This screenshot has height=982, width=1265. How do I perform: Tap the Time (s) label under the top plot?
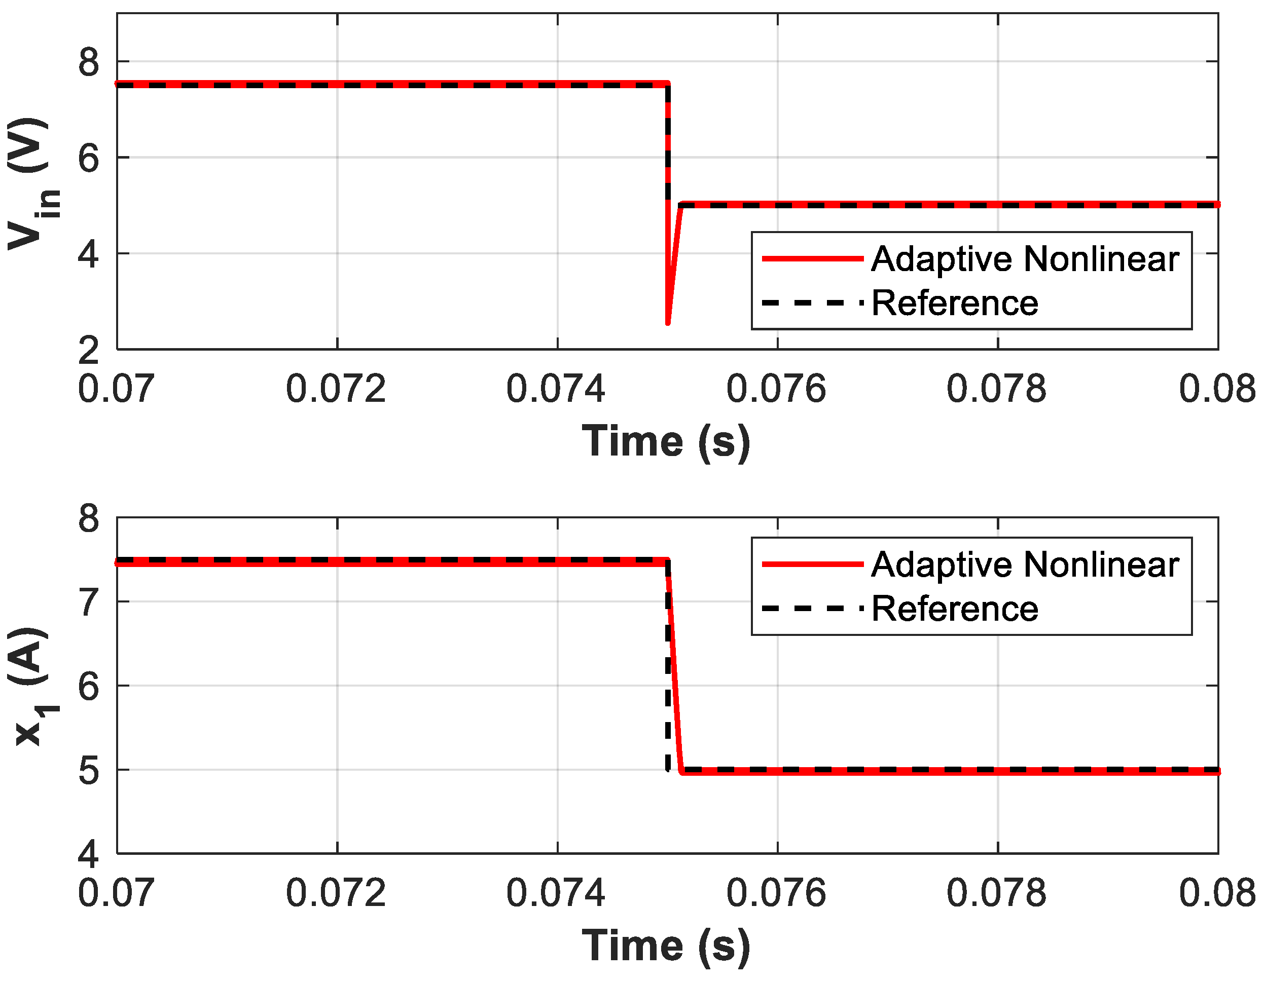coord(666,442)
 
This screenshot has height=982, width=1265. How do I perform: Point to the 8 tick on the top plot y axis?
coord(89,62)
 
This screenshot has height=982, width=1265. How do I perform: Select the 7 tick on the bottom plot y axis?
coord(89,602)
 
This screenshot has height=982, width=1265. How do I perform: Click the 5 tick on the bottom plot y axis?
coord(89,771)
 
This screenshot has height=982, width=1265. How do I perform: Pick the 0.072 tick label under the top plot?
coord(336,389)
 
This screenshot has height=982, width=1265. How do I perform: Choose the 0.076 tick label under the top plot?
coord(776,389)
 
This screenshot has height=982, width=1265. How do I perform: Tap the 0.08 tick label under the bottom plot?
coord(1216,893)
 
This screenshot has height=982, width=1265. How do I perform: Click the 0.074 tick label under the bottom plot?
coord(556,893)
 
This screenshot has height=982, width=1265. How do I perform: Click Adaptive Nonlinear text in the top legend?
coord(1025,259)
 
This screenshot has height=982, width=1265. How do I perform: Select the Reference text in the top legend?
coord(955,304)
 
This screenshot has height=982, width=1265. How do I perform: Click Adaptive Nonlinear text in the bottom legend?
coord(1025,564)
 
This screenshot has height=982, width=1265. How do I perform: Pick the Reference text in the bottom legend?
coord(955,609)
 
